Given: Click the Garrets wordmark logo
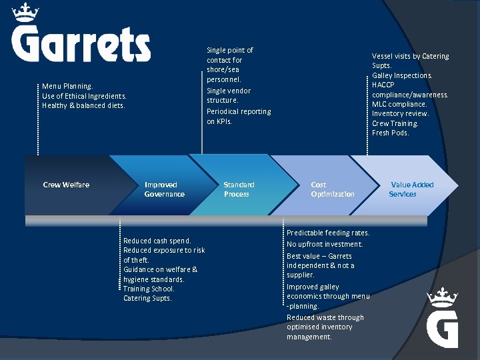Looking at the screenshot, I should click(81, 44).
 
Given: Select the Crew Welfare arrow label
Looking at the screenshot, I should click(66, 185).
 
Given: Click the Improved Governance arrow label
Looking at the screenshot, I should click(164, 189).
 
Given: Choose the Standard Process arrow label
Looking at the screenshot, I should click(239, 189).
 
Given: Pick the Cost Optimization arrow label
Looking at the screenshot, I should click(332, 189).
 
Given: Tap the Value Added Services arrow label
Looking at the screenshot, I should click(411, 189).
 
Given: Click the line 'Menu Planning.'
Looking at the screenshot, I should click(67, 86).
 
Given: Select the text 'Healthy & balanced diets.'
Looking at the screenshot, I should click(83, 105).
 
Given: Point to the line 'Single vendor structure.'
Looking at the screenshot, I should click(229, 95).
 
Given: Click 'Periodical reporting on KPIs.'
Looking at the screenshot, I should click(239, 116).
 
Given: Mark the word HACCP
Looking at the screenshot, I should click(384, 85).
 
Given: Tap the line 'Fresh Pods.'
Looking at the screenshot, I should click(391, 133).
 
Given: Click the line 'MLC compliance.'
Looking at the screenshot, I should click(399, 104).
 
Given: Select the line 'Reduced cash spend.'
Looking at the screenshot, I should click(157, 241).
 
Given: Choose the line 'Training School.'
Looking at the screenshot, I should click(149, 289).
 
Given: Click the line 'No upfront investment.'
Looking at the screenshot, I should click(325, 244).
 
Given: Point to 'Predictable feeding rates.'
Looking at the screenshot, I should click(328, 233).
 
